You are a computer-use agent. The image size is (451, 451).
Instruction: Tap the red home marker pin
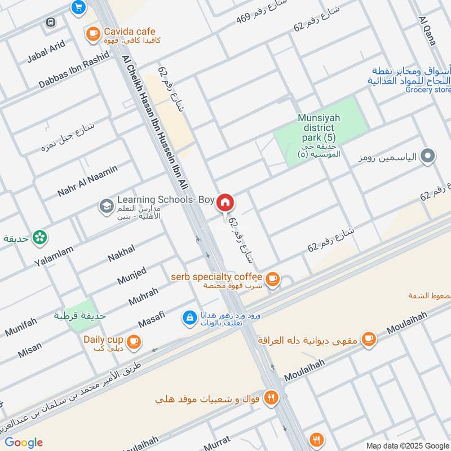[225, 202]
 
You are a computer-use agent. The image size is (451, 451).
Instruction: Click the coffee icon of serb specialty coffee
[272, 278]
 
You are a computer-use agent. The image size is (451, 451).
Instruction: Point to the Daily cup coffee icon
[134, 341]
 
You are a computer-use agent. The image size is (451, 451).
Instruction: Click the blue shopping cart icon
[78, 7]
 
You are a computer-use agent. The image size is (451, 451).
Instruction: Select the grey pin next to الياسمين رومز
[428, 157]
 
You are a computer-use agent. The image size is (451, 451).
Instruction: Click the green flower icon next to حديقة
[39, 238]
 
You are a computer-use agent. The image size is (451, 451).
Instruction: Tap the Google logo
[24, 443]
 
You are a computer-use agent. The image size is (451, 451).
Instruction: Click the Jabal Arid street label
[46, 51]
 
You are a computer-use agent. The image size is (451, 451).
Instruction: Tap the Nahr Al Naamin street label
[87, 180]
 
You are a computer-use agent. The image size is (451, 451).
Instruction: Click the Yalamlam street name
[54, 256]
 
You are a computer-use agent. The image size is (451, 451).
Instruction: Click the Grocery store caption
[428, 90]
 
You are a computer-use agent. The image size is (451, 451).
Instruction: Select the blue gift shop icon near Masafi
[189, 318]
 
